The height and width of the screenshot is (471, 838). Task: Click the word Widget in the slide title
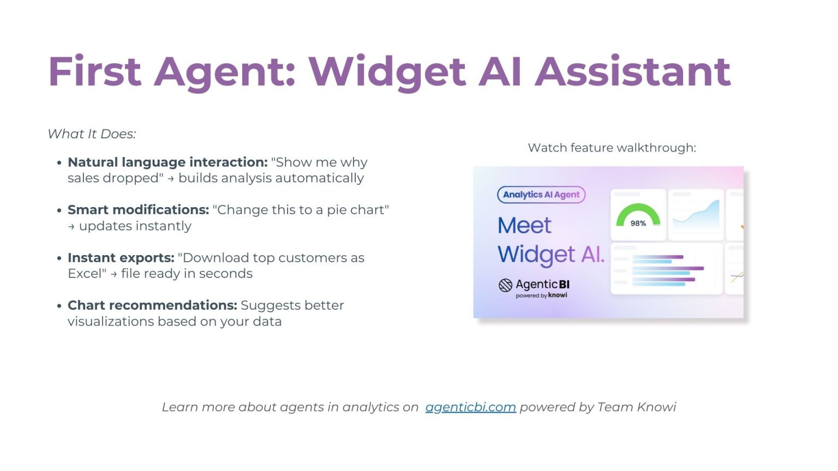click(387, 73)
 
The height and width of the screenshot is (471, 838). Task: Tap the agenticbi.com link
click(471, 407)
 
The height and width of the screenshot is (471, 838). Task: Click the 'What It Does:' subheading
click(92, 134)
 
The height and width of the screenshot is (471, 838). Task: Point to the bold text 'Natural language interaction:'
click(167, 162)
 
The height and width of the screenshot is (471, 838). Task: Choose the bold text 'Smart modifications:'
click(138, 210)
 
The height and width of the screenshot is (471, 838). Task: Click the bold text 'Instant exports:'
click(121, 257)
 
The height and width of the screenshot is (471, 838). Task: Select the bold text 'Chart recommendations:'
click(152, 305)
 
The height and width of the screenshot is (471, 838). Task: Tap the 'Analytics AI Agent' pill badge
click(541, 195)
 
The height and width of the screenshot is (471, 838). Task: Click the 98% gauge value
click(638, 224)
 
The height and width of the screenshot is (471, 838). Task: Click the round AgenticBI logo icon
click(505, 285)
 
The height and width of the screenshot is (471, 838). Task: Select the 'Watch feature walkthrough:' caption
click(612, 148)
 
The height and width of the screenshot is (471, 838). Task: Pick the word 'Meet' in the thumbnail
click(524, 225)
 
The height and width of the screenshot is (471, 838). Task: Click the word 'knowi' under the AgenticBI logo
click(558, 295)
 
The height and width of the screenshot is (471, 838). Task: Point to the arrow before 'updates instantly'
click(71, 227)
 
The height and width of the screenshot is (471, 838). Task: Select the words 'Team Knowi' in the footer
click(637, 407)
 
